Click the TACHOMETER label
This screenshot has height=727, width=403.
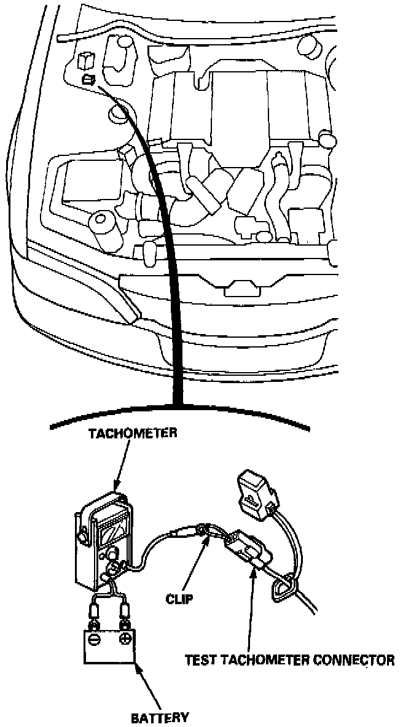point(133,433)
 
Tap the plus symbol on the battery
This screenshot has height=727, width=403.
point(125,640)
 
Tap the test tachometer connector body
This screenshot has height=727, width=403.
point(246,546)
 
